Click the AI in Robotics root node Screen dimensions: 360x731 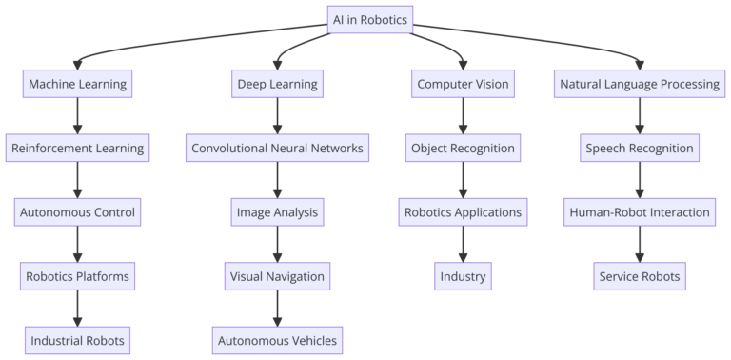point(369,20)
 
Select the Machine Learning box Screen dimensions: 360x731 point(77,84)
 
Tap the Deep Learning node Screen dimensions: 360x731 point(277,84)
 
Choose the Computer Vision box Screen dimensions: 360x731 point(463,84)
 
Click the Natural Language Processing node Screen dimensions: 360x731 point(639,84)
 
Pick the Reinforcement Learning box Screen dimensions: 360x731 point(77,148)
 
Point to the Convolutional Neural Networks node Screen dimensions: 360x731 point(277,148)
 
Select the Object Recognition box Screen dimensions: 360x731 point(463,148)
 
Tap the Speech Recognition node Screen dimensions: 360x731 point(639,148)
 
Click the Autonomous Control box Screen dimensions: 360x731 point(77,211)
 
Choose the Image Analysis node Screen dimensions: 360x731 point(277,211)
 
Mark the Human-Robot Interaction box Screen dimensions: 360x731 point(639,211)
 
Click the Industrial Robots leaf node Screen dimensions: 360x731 point(77,340)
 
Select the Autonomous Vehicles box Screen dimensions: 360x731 point(277,340)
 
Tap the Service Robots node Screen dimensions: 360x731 point(639,276)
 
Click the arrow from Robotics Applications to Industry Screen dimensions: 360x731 point(463,244)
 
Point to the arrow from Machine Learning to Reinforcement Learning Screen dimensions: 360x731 point(77,115)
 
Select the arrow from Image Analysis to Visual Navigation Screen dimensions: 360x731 point(277,244)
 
